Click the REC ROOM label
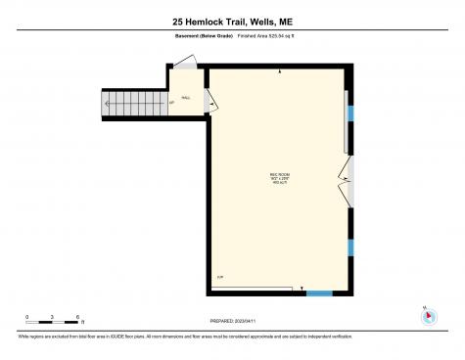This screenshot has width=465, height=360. tap(279, 174)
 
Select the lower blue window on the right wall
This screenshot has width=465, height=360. tap(349, 247)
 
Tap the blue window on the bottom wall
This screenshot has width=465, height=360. tap(319, 292)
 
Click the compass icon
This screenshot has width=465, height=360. tap(427, 315)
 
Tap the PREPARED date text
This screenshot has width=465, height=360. tap(232, 320)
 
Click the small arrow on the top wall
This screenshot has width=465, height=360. tap(281, 73)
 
